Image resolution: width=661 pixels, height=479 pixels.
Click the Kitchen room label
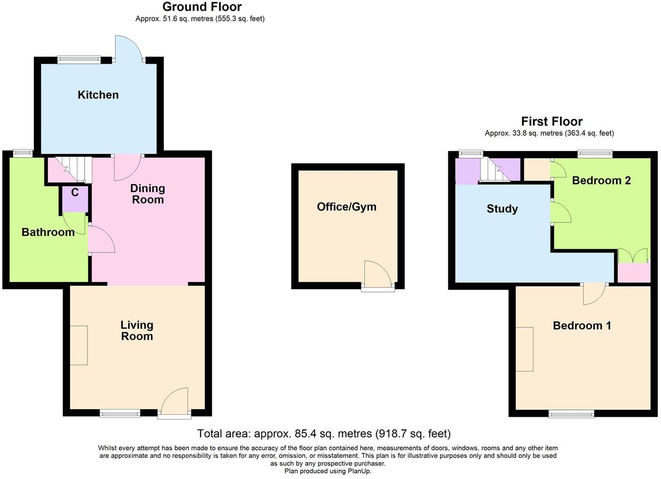click(x=98, y=95)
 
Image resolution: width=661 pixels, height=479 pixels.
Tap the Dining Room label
click(x=148, y=194)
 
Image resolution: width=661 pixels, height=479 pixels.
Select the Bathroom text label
click(x=48, y=232)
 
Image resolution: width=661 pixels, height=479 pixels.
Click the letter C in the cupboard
click(x=75, y=193)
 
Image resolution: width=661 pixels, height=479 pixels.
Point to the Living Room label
click(x=137, y=331)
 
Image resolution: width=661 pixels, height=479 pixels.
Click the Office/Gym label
click(x=346, y=207)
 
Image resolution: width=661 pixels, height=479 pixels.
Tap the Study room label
click(x=502, y=209)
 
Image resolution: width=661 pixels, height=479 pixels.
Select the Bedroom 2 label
click(x=601, y=181)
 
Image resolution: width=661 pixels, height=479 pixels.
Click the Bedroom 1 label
click(x=582, y=325)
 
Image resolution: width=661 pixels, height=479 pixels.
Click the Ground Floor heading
click(x=202, y=7)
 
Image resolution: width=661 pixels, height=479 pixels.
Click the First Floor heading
click(x=551, y=121)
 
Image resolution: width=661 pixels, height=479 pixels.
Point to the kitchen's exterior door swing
click(x=128, y=48)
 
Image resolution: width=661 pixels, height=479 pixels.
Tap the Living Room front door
click(x=174, y=402)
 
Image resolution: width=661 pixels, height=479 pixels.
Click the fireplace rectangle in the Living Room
click(x=79, y=345)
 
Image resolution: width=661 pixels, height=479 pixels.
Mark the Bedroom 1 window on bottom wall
click(x=571, y=413)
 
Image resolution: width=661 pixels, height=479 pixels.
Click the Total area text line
click(x=324, y=434)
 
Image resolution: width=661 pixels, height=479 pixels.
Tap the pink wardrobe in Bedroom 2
click(x=634, y=273)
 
